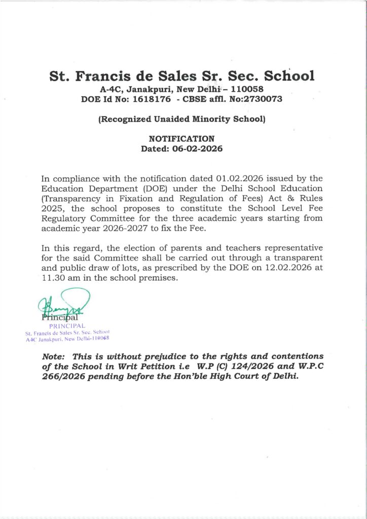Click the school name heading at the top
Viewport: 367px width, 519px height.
(182, 77)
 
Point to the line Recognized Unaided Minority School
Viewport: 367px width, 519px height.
(182, 120)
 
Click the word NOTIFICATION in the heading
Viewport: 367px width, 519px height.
(181, 139)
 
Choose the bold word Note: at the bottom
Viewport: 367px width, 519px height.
(55, 357)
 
